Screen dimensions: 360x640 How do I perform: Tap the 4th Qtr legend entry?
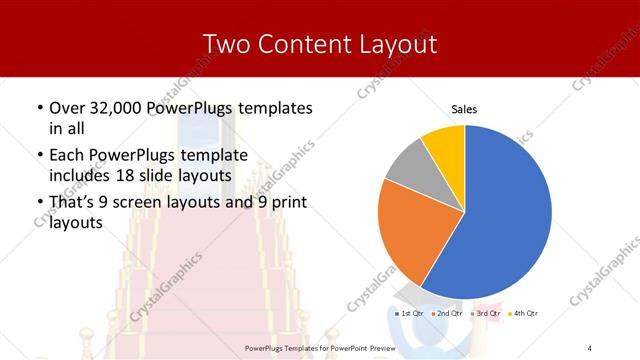pyautogui.click(x=526, y=314)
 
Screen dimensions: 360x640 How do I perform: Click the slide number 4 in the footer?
pyautogui.click(x=590, y=347)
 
